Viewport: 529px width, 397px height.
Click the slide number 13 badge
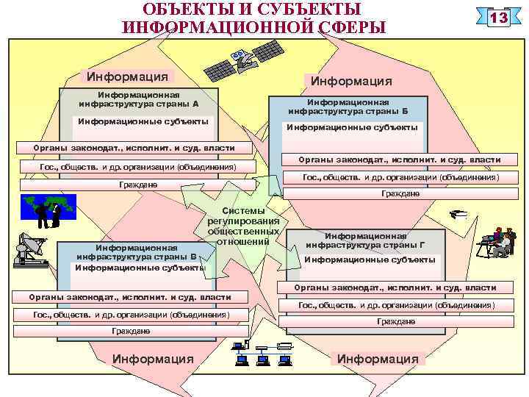[500, 18]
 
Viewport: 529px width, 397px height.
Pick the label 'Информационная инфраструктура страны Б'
[348, 107]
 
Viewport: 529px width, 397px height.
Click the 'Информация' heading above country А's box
[127, 76]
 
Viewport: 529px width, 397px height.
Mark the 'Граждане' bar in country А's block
[137, 184]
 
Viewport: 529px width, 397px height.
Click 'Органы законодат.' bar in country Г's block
[395, 287]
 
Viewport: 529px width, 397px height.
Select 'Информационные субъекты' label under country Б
[351, 127]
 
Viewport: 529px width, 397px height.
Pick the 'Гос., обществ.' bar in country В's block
[132, 315]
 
